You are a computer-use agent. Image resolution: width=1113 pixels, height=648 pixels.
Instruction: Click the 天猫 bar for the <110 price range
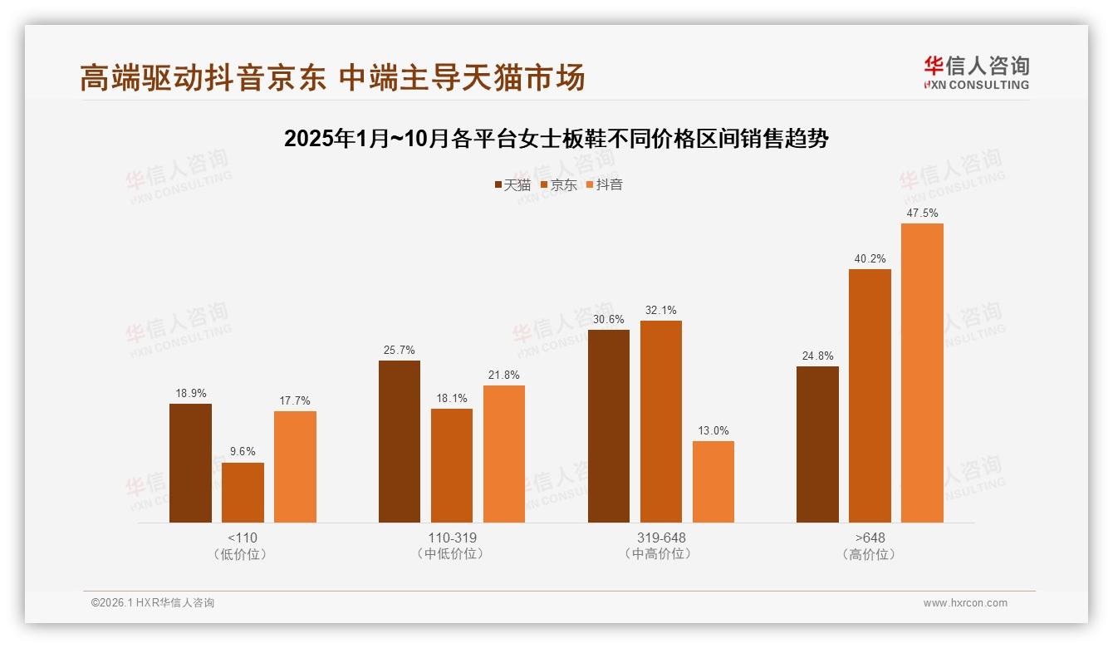pos(190,463)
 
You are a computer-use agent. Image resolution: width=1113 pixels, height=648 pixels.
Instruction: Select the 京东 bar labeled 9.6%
pos(243,493)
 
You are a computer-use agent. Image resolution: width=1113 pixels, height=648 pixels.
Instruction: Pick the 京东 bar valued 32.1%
pos(661,421)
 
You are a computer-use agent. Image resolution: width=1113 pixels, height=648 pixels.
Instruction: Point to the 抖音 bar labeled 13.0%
pos(713,482)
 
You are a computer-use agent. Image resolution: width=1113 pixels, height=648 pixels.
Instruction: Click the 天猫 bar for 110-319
pos(400,441)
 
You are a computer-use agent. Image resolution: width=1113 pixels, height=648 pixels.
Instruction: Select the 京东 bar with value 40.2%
pos(870,395)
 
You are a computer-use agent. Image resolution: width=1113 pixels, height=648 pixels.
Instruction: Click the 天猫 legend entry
pos(512,184)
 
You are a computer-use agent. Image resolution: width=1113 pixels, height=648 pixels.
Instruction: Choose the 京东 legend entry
pos(558,184)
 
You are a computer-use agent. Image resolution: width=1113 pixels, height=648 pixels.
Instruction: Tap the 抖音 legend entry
pos(605,184)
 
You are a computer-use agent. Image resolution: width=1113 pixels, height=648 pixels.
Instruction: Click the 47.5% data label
pos(922,214)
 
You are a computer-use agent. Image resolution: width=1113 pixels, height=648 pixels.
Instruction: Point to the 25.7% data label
pos(400,351)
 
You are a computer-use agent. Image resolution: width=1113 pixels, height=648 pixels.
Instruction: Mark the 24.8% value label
pos(817,356)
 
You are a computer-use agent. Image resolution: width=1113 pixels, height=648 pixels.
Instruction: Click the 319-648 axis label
pos(661,538)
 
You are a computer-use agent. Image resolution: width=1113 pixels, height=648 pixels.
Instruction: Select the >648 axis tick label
pos(870,538)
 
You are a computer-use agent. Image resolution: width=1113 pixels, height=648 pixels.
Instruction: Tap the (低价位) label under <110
pos(243,554)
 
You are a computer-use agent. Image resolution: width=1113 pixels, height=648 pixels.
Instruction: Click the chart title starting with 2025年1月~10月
pos(556,139)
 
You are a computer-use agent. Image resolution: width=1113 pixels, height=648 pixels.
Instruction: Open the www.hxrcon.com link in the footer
pos(965,603)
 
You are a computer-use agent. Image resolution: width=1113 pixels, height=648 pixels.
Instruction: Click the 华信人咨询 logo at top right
pos(976,72)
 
